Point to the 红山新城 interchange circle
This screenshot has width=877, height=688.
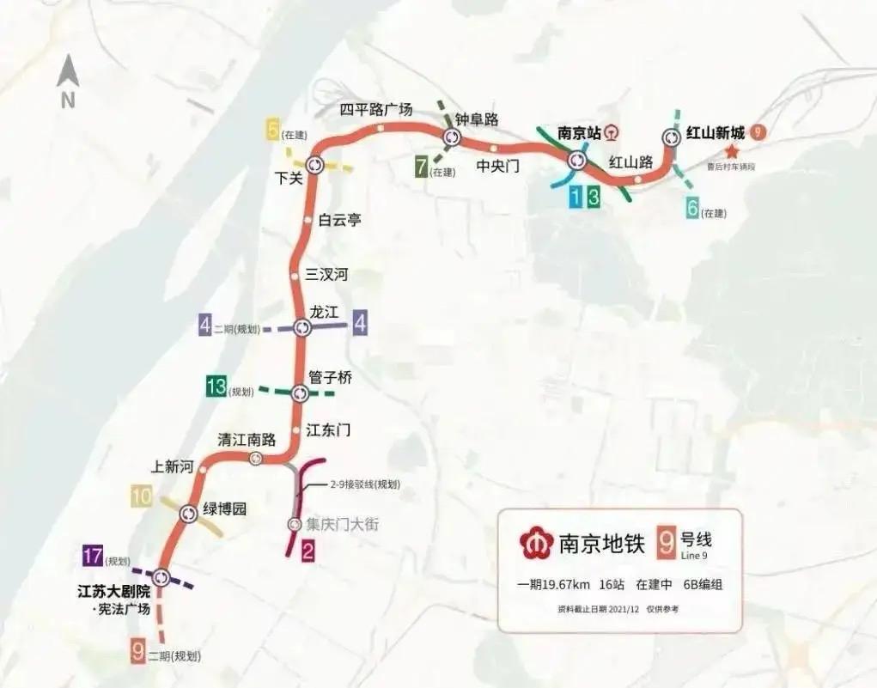[672, 137]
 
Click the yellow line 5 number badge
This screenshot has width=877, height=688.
[274, 131]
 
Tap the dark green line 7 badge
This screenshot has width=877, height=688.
[421, 167]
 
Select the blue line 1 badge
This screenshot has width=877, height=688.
[575, 197]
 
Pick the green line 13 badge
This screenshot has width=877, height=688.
[216, 387]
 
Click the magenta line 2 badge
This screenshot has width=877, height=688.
[307, 553]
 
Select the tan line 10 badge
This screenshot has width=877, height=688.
[141, 496]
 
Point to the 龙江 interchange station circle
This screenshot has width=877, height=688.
[301, 327]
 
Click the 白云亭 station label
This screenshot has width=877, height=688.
[340, 220]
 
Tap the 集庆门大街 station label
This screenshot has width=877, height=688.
[343, 523]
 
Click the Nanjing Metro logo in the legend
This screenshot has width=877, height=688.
[536, 543]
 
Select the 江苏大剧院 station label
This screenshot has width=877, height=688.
[113, 592]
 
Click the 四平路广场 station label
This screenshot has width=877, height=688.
[376, 109]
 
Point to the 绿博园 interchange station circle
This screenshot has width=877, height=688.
[189, 514]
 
